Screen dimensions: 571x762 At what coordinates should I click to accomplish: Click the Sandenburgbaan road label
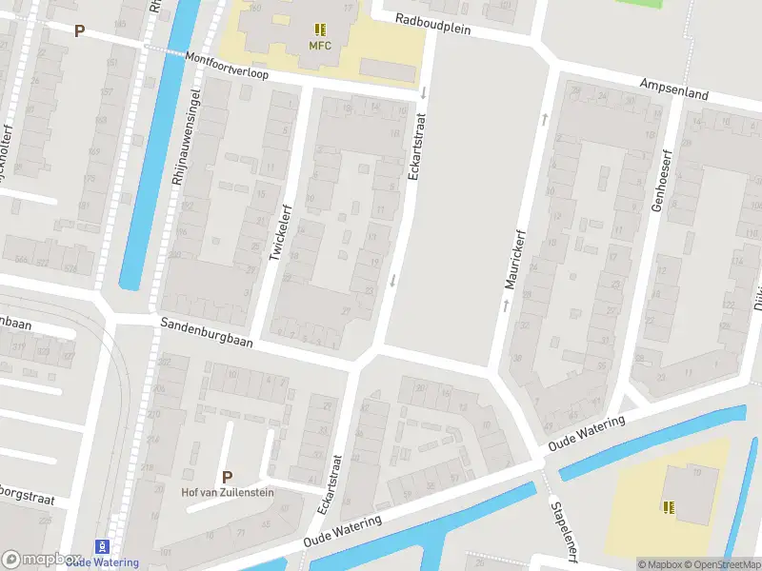pyautogui.click(x=206, y=333)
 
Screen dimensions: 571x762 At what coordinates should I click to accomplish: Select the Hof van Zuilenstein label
pyautogui.click(x=227, y=493)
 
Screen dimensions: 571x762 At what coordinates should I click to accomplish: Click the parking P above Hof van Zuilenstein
pyautogui.click(x=227, y=477)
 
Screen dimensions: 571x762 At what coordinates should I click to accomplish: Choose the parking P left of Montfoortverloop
pyautogui.click(x=80, y=30)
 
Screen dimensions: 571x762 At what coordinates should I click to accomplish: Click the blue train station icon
pyautogui.click(x=103, y=547)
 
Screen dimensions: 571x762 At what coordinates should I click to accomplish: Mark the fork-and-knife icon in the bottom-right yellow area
pyautogui.click(x=669, y=506)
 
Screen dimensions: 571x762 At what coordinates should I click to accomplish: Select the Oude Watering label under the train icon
pyautogui.click(x=103, y=562)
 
